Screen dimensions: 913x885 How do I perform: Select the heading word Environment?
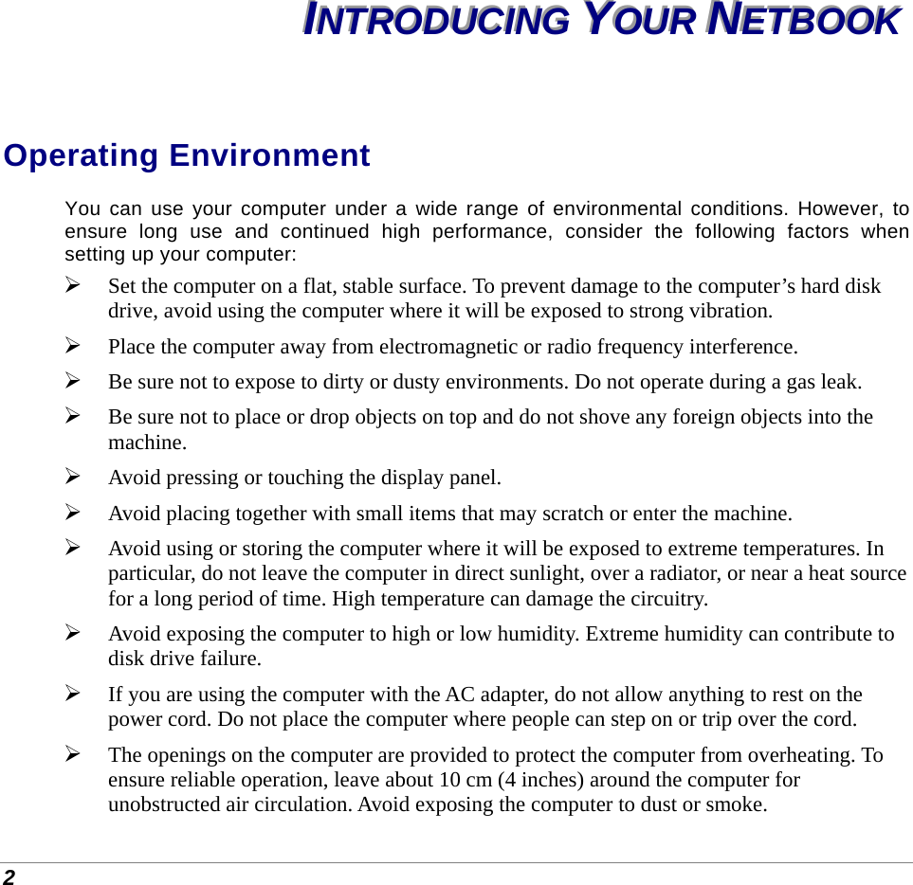(269, 155)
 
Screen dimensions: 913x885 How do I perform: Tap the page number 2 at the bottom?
(8, 876)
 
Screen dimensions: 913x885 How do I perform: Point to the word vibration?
(729, 311)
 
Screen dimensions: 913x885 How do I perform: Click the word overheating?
(807, 755)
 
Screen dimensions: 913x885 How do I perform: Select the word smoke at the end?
(739, 805)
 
